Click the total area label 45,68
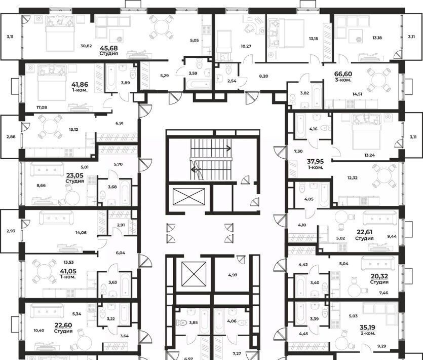coord(109,48)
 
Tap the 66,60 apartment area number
coord(343,74)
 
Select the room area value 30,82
coord(86,46)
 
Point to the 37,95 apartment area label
coord(316,162)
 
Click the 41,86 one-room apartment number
coord(80,85)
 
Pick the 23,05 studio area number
coord(75,175)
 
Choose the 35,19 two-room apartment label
coord(367,328)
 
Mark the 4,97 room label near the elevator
coord(233,275)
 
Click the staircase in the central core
coord(211,160)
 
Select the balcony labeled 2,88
coord(11,137)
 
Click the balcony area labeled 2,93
coord(11,231)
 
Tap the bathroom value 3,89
coord(126,83)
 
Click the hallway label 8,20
coord(263,76)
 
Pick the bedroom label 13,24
coord(369,155)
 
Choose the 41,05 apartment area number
coord(68,271)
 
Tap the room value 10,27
coord(246,46)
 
